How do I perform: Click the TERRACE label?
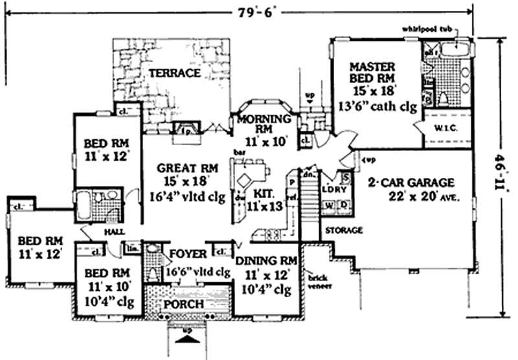pyautogui.click(x=175, y=73)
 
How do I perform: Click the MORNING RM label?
pyautogui.click(x=262, y=120)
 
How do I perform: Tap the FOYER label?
pyautogui.click(x=187, y=253)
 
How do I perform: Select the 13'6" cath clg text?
pyautogui.click(x=376, y=107)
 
